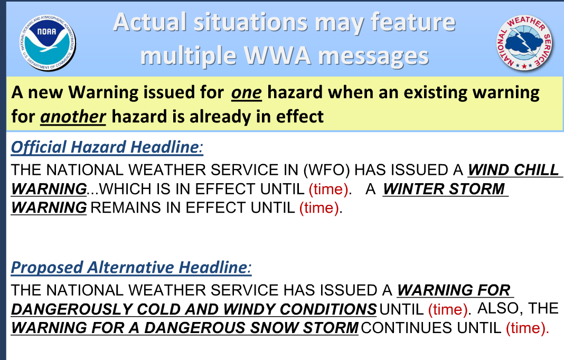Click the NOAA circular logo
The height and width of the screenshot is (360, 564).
pyautogui.click(x=48, y=42)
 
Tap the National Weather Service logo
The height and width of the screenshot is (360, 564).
pyautogui.click(x=524, y=42)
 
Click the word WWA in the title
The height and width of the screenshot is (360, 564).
pyautogui.click(x=277, y=56)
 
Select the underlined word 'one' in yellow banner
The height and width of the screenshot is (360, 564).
pyautogui.click(x=247, y=92)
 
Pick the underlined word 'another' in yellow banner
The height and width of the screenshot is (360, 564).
pyautogui.click(x=73, y=117)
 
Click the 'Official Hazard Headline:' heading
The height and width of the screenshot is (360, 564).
pyautogui.click(x=107, y=147)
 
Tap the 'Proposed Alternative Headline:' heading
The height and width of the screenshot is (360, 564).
pyautogui.click(x=131, y=268)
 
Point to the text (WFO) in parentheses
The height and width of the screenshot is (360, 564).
pyautogui.click(x=326, y=170)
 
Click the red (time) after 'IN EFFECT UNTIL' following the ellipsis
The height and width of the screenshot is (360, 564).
pyautogui.click(x=329, y=189)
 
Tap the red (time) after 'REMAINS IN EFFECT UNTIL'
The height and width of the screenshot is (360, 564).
pyautogui.click(x=319, y=208)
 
